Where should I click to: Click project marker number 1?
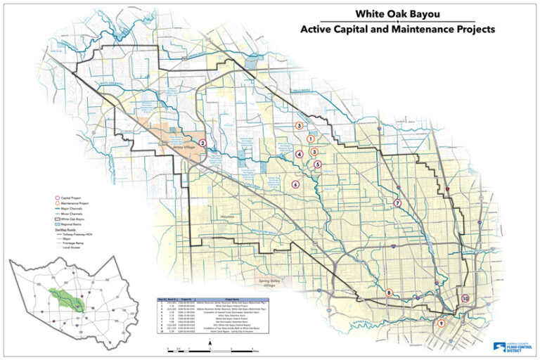tap(310, 139)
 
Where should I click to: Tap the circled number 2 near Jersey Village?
tap(202, 143)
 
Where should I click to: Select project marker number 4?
tap(300, 154)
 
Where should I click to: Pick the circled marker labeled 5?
tap(318, 165)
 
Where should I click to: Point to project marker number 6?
tap(295, 184)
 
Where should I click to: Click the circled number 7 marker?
tap(397, 203)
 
